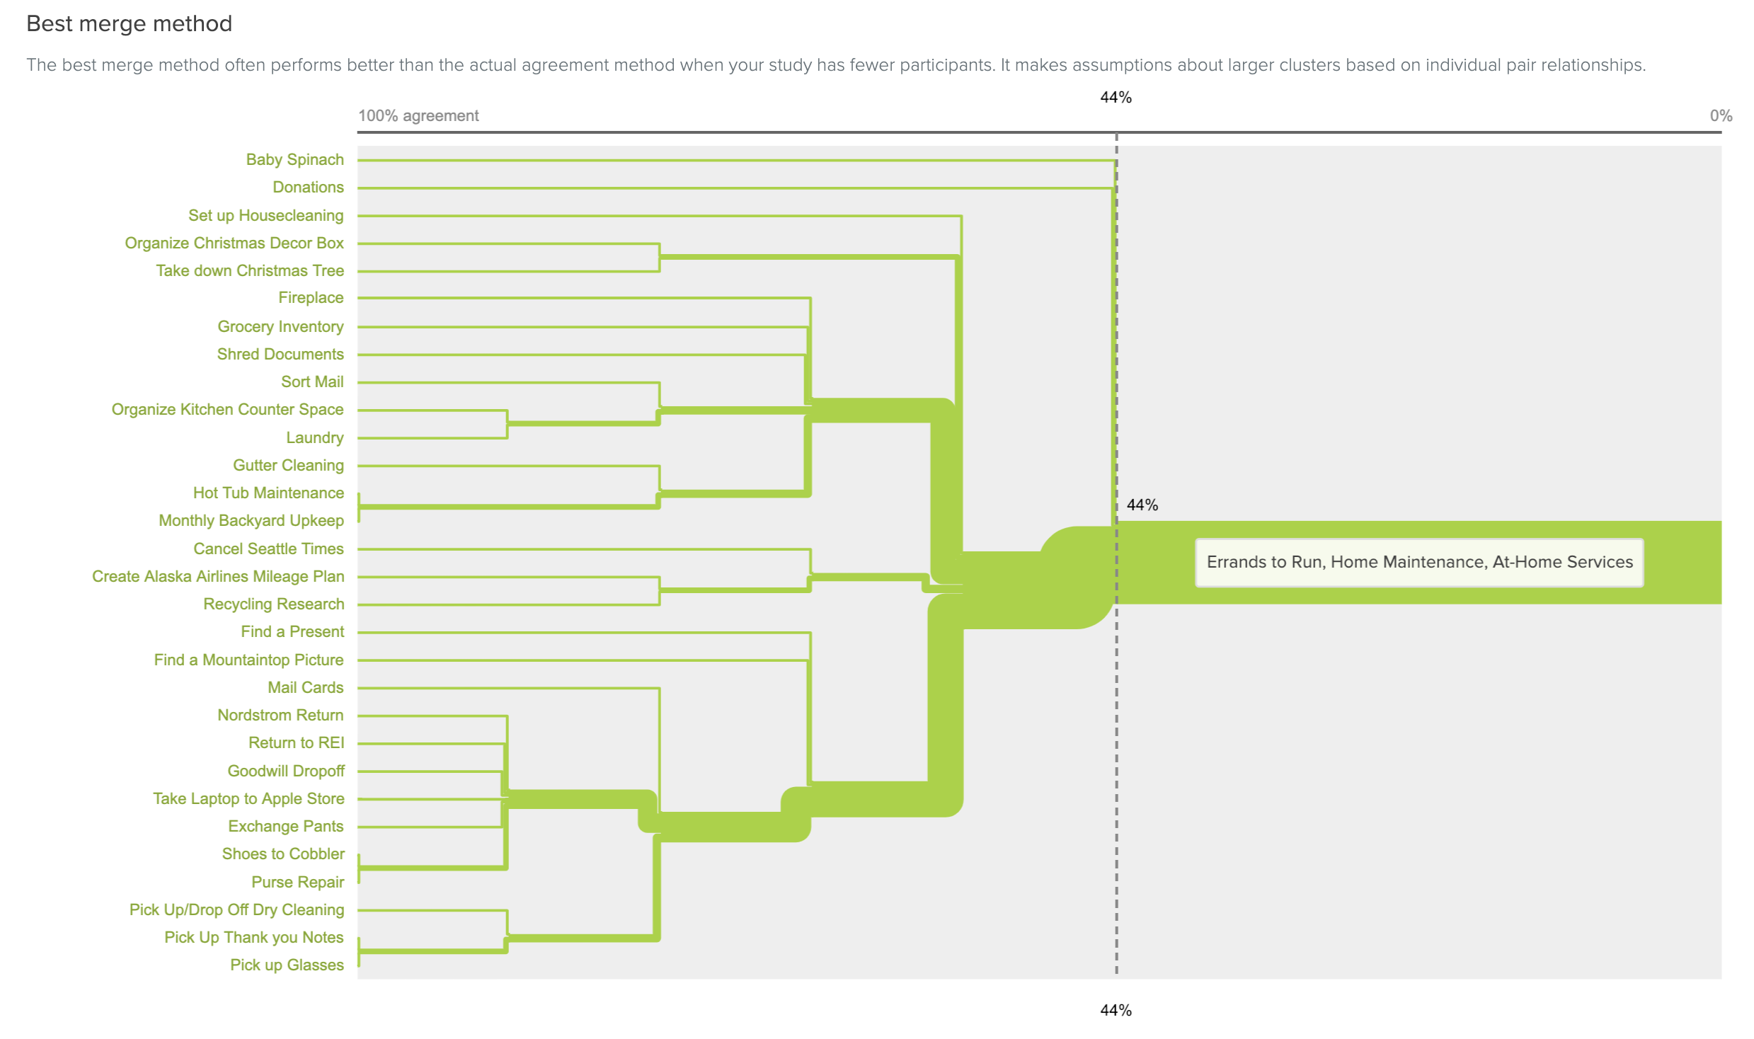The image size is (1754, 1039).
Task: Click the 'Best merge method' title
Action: tap(129, 24)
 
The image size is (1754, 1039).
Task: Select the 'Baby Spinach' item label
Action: tap(294, 160)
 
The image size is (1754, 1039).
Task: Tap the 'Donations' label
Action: tap(308, 188)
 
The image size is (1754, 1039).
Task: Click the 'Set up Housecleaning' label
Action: tap(265, 216)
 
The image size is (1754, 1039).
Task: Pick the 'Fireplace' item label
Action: tap(311, 298)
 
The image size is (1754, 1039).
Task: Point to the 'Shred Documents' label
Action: tap(280, 355)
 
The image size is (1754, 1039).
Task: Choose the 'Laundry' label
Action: tap(314, 438)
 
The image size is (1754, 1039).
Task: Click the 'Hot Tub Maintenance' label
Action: tap(268, 493)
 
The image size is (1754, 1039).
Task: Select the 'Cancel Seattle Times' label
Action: tap(268, 549)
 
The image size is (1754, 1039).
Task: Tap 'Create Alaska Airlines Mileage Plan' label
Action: tap(218, 577)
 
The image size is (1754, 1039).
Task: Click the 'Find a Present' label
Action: tap(292, 632)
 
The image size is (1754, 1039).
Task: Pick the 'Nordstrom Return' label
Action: tap(280, 716)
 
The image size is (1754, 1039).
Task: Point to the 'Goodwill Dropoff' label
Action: tap(286, 771)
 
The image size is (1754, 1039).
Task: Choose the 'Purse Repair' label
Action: tap(297, 883)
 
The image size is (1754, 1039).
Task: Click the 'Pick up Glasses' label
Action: tap(287, 965)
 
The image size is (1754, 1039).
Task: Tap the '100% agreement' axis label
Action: tap(418, 116)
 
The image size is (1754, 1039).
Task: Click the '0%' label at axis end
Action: tap(1721, 116)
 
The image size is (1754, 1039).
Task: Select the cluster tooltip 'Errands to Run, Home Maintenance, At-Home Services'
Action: tap(1419, 563)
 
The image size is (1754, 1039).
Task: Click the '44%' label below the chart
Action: tap(1116, 1011)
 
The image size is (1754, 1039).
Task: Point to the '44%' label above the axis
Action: tap(1116, 98)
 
